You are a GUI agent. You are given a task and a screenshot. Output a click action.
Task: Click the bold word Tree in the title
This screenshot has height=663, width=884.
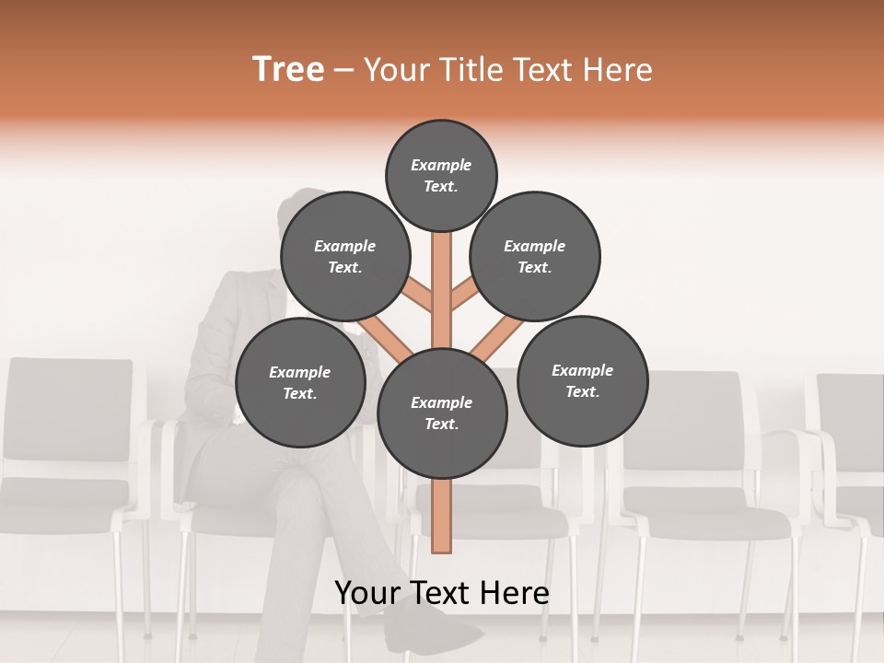click(x=288, y=70)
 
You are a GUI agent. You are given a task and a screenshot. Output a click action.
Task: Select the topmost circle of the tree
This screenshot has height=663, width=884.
click(x=441, y=175)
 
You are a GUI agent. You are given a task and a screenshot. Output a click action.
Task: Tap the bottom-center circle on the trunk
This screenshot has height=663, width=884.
click(x=442, y=413)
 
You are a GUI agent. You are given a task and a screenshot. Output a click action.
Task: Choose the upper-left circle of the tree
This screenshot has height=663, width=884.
click(x=345, y=257)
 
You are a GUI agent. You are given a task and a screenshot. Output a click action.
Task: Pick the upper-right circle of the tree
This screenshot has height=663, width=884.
click(x=535, y=257)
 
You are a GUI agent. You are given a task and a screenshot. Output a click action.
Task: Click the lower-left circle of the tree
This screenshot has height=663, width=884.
click(x=300, y=383)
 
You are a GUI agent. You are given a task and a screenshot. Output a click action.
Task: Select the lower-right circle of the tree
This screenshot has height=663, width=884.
click(x=582, y=380)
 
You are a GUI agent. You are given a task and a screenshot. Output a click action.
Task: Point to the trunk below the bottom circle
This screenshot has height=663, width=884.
click(x=442, y=516)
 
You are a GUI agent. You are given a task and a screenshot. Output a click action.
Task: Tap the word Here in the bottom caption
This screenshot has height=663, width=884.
click(x=518, y=593)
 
